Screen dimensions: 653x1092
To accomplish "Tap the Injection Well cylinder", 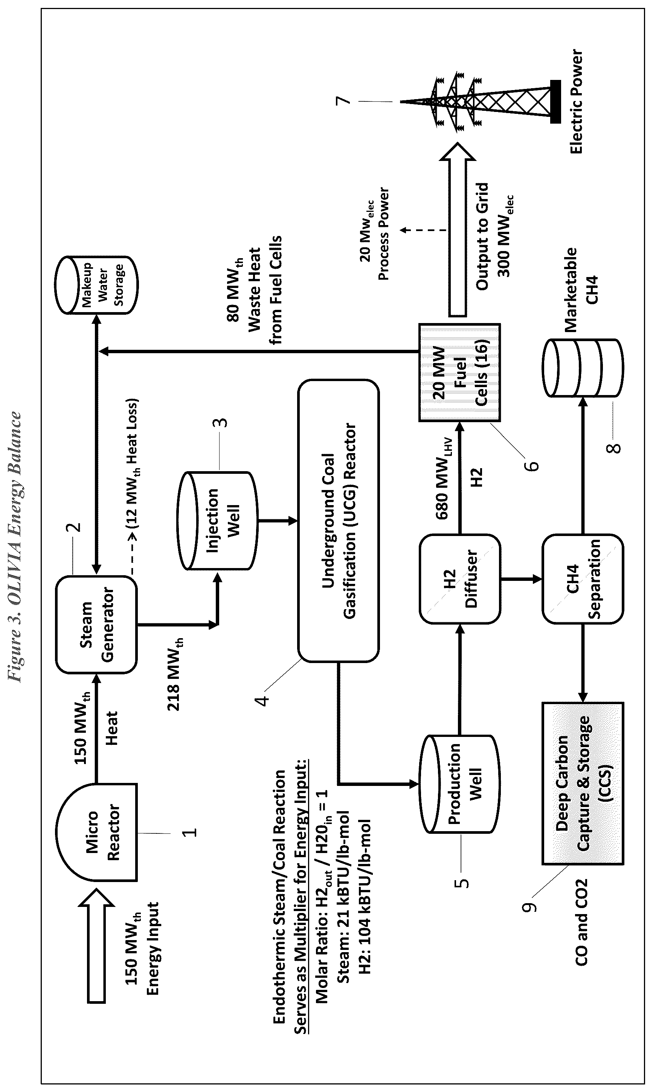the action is (x=217, y=521).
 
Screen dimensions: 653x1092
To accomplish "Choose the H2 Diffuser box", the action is (x=460, y=579).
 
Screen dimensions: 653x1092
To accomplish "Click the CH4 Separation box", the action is (x=583, y=579).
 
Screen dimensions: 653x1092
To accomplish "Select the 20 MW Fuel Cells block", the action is (x=459, y=372).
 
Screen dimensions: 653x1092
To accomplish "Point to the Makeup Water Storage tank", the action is (x=96, y=285).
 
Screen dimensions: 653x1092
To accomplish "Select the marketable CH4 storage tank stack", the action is (x=583, y=368).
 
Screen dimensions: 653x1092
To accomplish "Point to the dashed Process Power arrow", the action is (x=425, y=230).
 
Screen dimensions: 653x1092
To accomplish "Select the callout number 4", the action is (x=263, y=699).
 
